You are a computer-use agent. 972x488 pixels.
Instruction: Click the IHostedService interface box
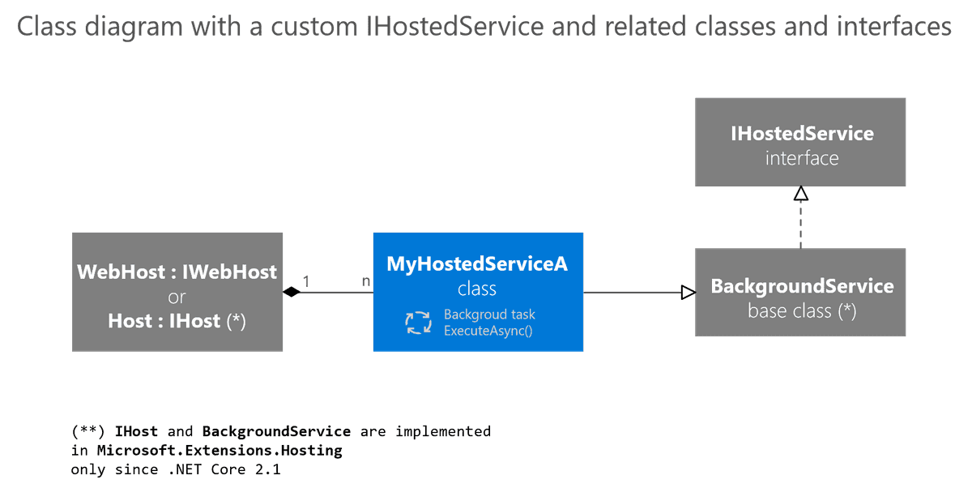point(800,142)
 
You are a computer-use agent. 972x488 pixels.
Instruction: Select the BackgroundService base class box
point(800,293)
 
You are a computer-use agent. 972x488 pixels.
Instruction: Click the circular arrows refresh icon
point(419,322)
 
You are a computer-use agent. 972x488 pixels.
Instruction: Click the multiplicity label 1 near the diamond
point(305,281)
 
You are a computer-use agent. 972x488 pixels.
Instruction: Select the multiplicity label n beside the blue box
point(365,281)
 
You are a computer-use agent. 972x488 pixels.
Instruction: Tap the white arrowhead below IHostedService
point(800,193)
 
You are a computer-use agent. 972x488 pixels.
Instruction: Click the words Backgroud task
point(489,315)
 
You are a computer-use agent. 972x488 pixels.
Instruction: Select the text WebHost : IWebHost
point(177,272)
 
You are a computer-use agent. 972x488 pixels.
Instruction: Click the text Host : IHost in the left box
point(164,321)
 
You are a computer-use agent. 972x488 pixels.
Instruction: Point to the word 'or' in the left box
point(177,297)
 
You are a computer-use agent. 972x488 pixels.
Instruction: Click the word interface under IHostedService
point(801,158)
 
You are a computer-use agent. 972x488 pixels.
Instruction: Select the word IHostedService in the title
point(455,27)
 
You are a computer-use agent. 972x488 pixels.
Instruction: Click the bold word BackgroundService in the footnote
point(276,431)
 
